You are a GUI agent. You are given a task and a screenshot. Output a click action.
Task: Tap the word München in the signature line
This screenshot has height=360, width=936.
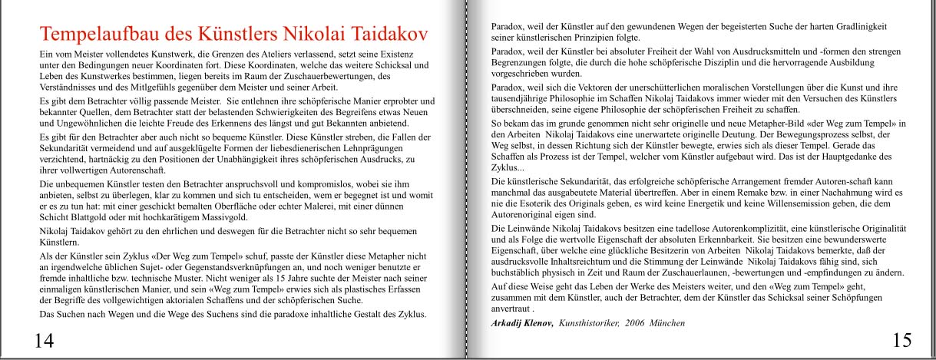pyautogui.click(x=667, y=323)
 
